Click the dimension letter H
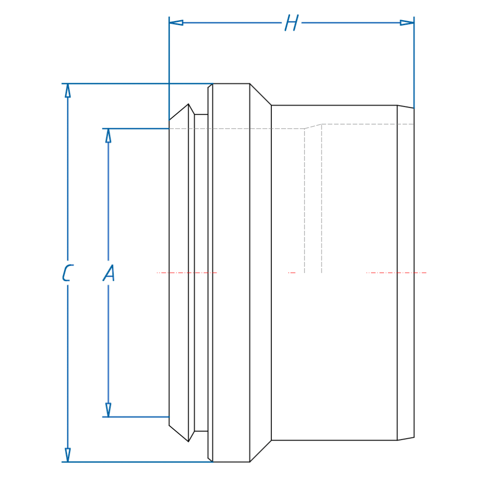(x=291, y=23)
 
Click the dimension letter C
(x=67, y=273)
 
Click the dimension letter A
(x=109, y=273)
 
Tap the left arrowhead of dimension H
(x=176, y=22)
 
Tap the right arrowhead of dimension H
(x=407, y=22)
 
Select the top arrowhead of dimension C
(x=68, y=90)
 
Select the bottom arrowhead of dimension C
(x=68, y=455)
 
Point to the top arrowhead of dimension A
(x=108, y=136)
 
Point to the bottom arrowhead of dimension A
(x=108, y=410)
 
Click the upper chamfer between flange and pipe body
(x=260, y=95)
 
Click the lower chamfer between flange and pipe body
(x=260, y=451)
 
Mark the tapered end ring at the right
(x=406, y=273)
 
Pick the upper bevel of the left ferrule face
(x=179, y=112)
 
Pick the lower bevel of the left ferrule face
(x=179, y=433)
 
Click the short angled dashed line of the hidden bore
(x=313, y=126)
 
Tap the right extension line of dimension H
(x=414, y=63)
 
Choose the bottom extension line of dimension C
(x=135, y=462)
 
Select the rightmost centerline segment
(x=396, y=273)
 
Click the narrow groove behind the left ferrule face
(x=201, y=273)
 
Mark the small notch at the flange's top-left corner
(x=210, y=86)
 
